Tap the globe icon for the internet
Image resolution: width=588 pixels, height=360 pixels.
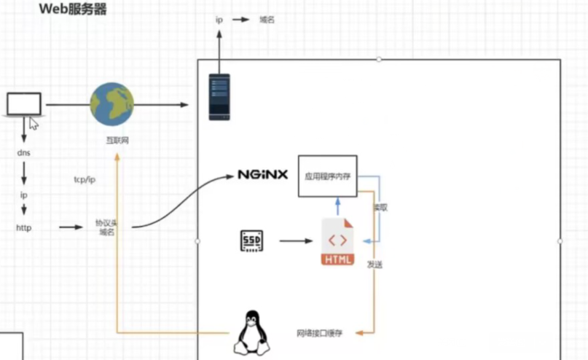coord(111,104)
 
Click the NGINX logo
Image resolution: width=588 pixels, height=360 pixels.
coord(263,175)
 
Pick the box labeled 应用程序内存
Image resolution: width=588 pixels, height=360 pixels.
coord(327,176)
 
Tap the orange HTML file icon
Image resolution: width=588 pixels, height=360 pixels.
coord(337,242)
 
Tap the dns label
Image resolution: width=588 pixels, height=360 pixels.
coord(23,153)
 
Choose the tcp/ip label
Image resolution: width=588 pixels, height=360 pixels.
coord(85,179)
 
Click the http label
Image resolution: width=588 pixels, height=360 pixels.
coord(24,227)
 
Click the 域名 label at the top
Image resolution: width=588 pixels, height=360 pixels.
coord(267,20)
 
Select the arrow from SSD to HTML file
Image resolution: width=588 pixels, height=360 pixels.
coord(295,240)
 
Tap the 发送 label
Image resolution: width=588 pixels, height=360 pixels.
coord(375,265)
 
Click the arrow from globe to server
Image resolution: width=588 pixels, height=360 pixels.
coord(161,105)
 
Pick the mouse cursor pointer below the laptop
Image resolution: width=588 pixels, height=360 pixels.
coord(34,123)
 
